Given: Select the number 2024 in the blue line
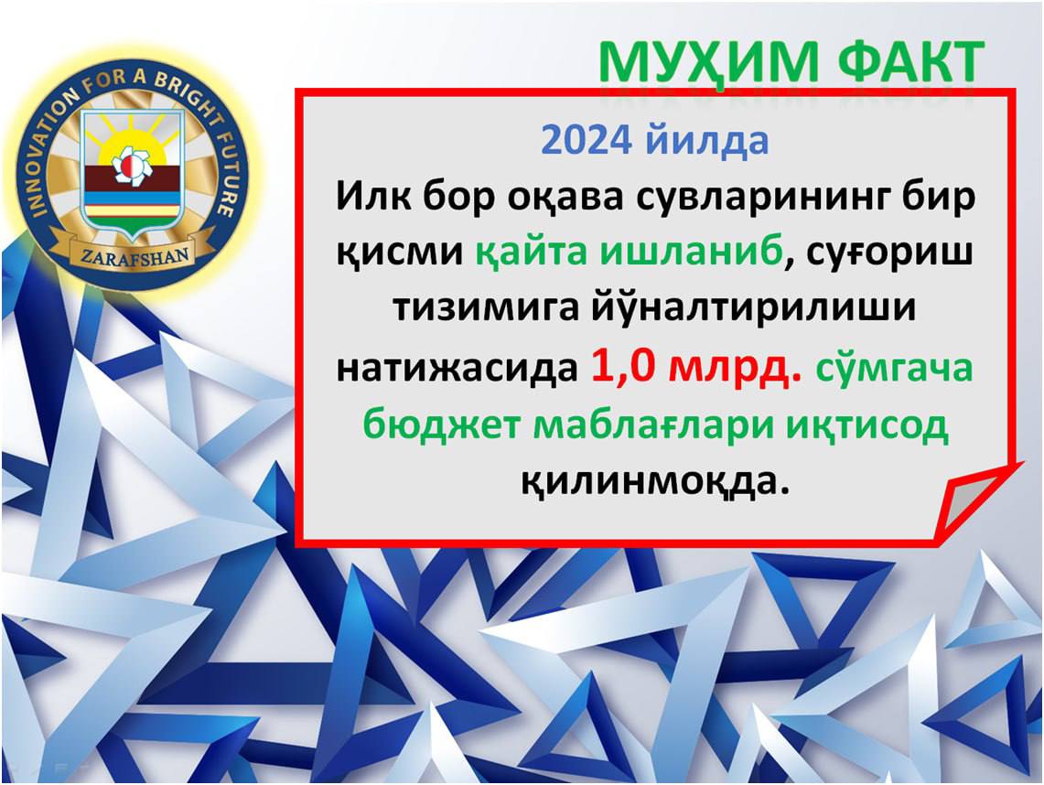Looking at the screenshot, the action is coord(587,140).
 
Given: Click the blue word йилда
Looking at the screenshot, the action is coord(707,140).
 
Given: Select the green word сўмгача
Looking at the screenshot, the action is coord(894,368).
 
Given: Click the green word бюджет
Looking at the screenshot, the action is coord(440,425).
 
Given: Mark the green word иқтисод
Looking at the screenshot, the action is coord(866,425).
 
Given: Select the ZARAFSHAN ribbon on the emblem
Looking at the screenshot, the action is coord(135,253).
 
